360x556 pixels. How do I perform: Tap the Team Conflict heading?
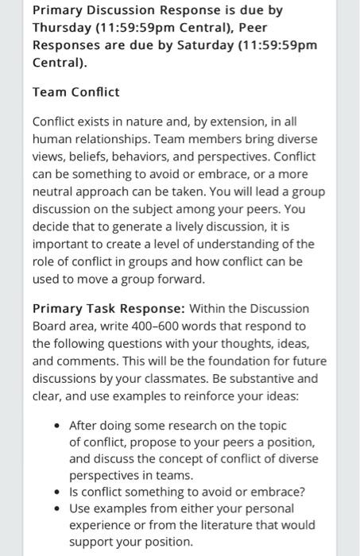(75, 92)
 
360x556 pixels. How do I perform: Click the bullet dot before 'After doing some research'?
(58, 424)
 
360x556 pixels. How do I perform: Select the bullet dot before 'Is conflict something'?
(58, 492)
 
